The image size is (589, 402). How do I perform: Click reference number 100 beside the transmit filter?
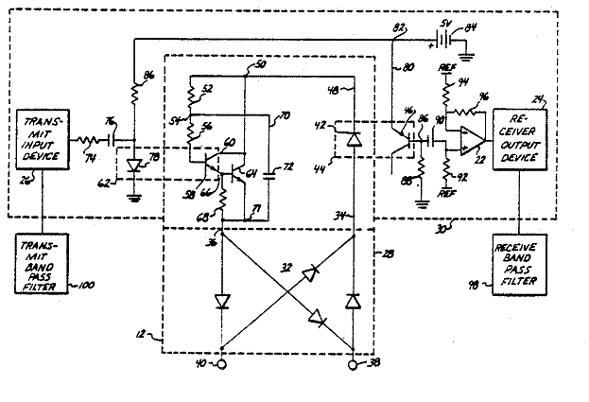88,286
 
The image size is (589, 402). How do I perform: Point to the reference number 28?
387,253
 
